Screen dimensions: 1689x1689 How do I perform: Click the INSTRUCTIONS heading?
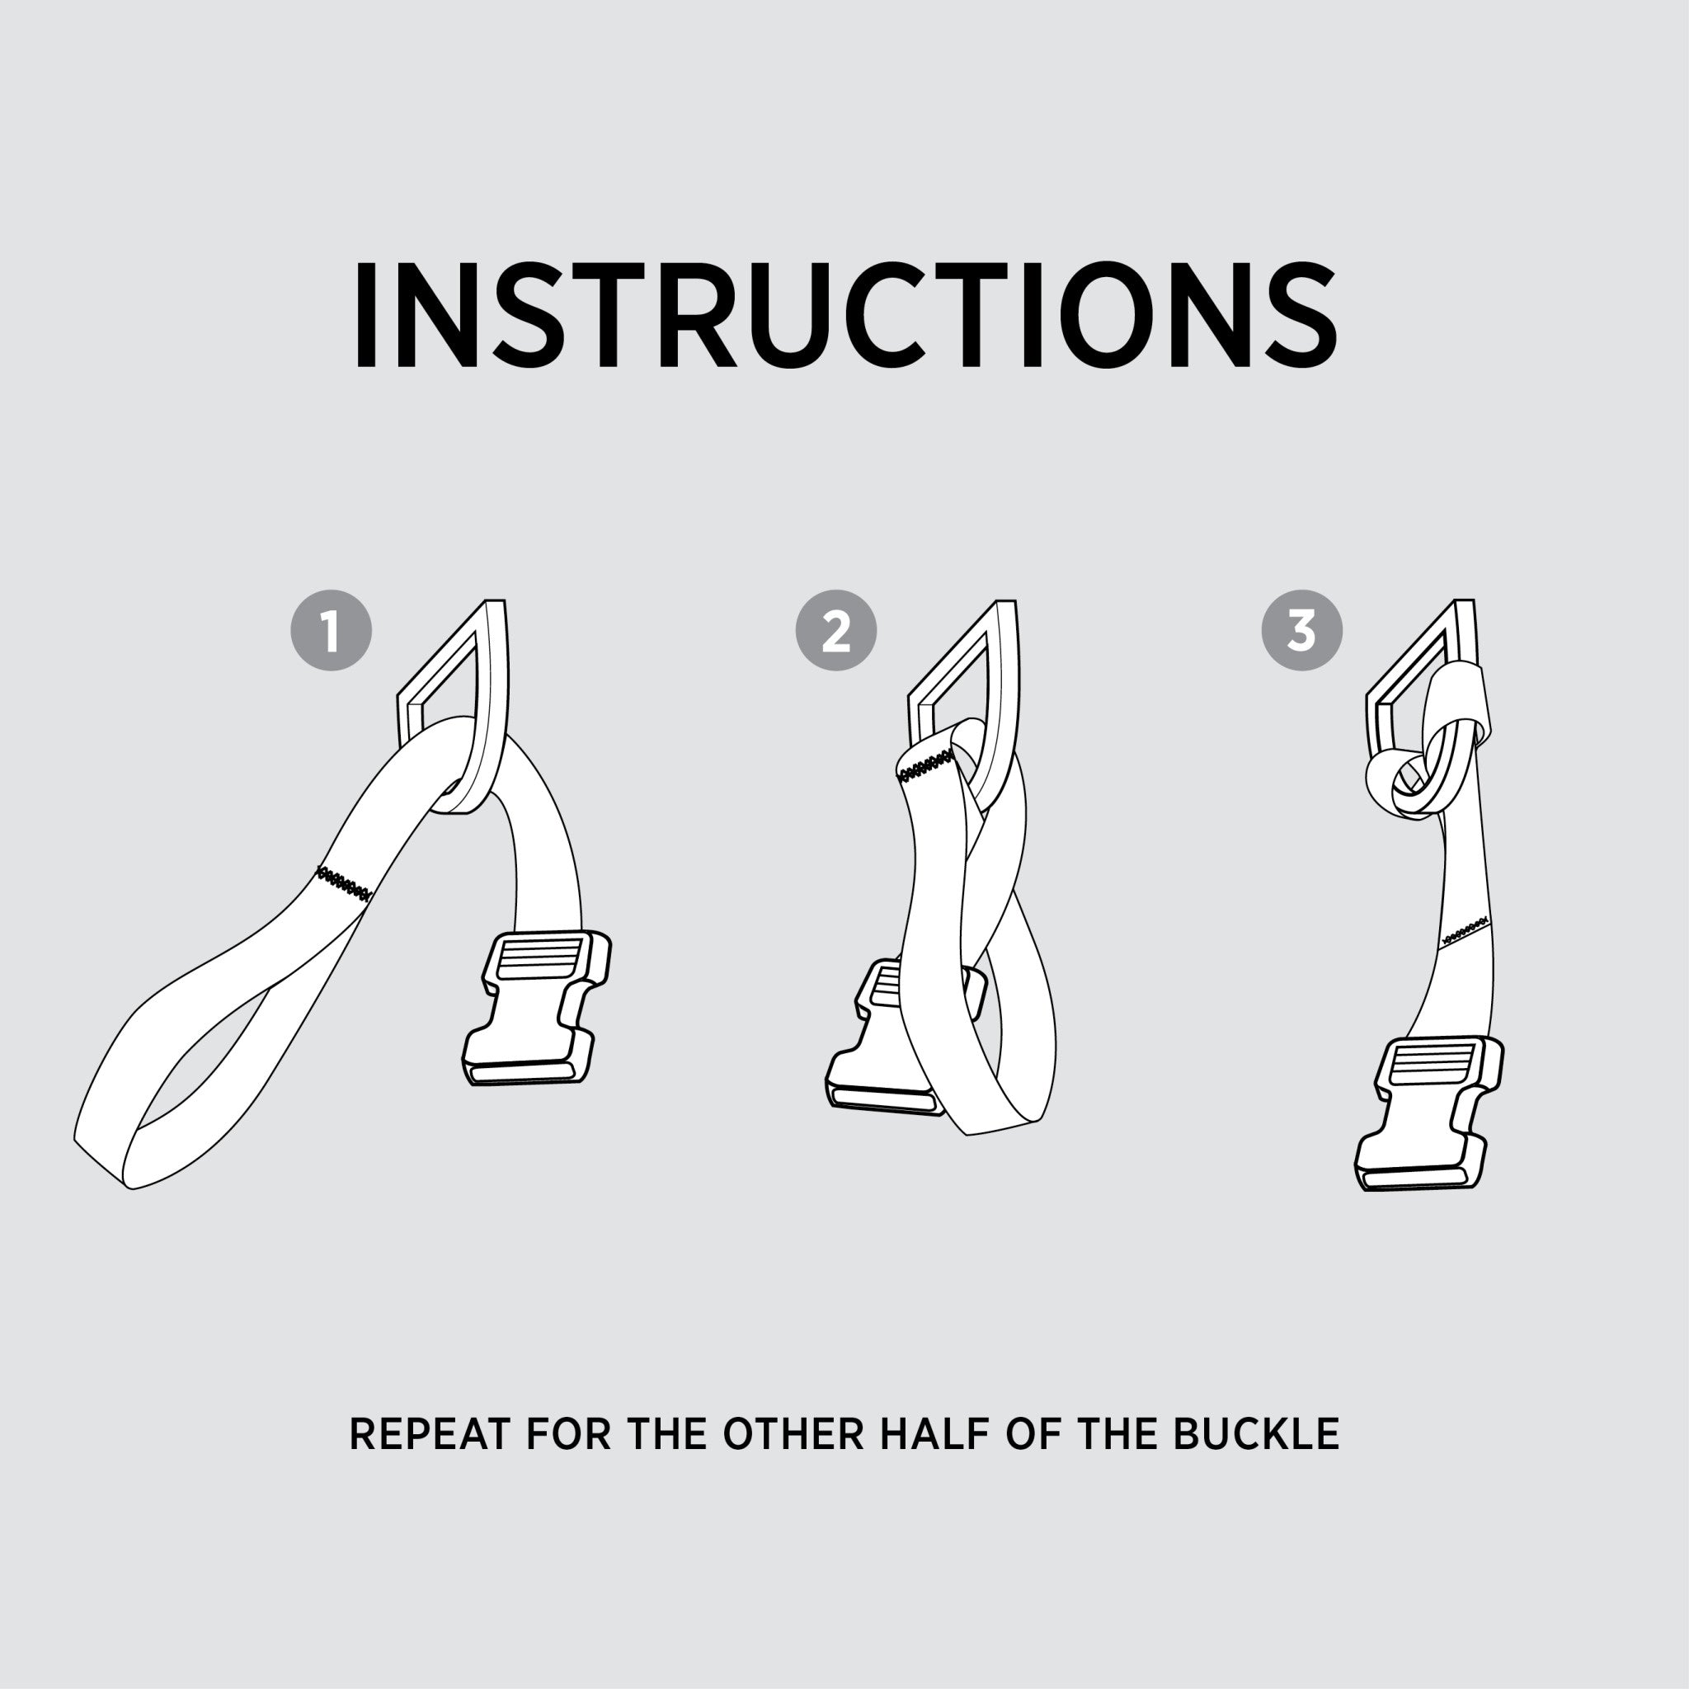[844, 315]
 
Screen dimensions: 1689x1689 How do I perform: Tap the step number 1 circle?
[332, 631]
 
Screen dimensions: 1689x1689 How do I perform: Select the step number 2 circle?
[835, 631]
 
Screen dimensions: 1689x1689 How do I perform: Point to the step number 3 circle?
[1301, 631]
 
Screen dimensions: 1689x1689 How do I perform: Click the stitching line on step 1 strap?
[345, 884]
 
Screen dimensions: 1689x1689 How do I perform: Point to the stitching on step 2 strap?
[926, 766]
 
